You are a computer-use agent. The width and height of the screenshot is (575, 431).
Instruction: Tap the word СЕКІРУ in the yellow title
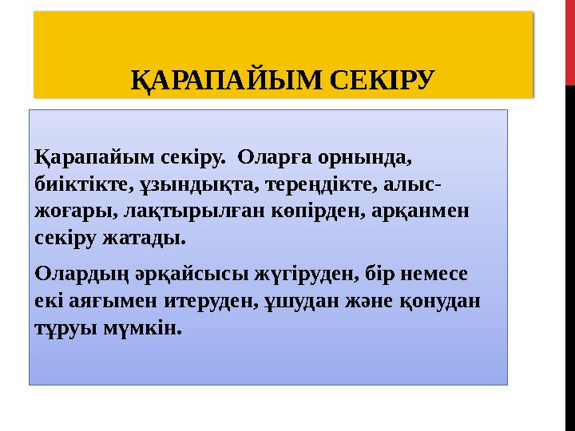coord(382,80)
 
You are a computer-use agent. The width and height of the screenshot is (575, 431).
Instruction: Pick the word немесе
coord(441,274)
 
